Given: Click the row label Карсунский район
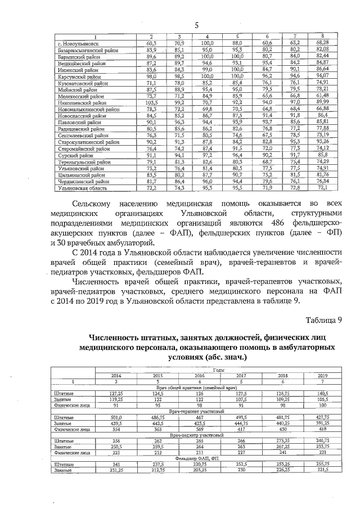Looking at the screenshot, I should [x=82, y=75].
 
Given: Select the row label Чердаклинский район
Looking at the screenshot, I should [x=85, y=181].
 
